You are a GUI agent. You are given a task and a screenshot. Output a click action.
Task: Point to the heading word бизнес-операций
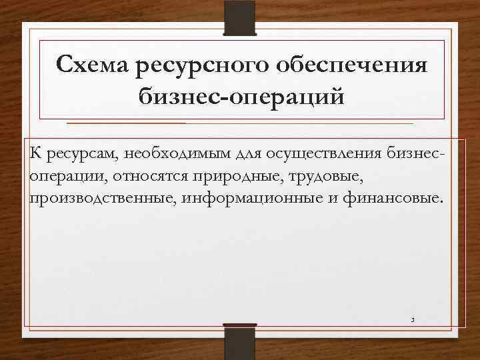pos(242,97)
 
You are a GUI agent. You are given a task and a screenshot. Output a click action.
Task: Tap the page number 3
pos(413,321)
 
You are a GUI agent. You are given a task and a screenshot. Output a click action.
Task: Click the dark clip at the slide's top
pos(240,19)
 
